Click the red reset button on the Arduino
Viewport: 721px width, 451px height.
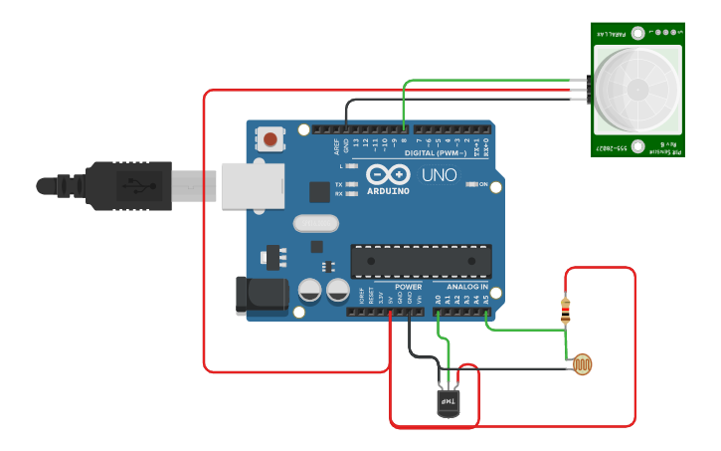[x=270, y=137]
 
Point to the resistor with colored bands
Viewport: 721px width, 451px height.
[x=567, y=311]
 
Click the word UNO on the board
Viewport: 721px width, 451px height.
[x=439, y=175]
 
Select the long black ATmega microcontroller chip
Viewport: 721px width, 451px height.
[x=420, y=261]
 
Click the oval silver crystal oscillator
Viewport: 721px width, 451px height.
[x=317, y=224]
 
